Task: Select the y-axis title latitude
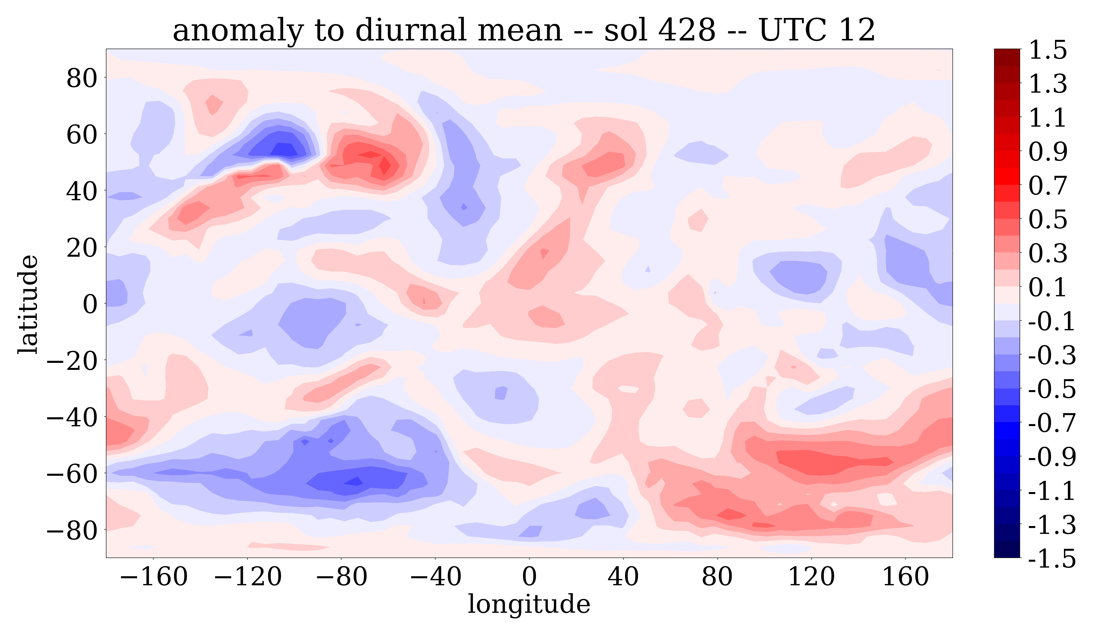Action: click(x=28, y=304)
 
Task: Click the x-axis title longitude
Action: click(x=529, y=604)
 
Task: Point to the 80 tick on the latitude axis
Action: click(x=82, y=79)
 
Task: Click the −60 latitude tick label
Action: click(x=72, y=474)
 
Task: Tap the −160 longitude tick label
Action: click(x=153, y=577)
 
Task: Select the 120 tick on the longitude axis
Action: click(x=811, y=577)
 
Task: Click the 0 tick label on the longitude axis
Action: click(x=529, y=577)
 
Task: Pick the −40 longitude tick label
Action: click(x=435, y=577)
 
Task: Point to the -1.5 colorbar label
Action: click(x=1052, y=558)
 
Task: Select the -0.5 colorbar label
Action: click(x=1052, y=389)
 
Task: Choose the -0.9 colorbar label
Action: click(x=1052, y=457)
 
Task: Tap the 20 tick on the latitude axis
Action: click(x=82, y=248)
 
